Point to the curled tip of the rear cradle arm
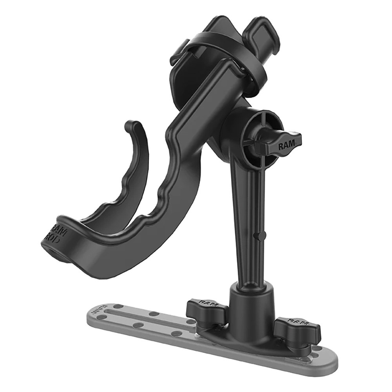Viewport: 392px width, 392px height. click(x=131, y=126)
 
